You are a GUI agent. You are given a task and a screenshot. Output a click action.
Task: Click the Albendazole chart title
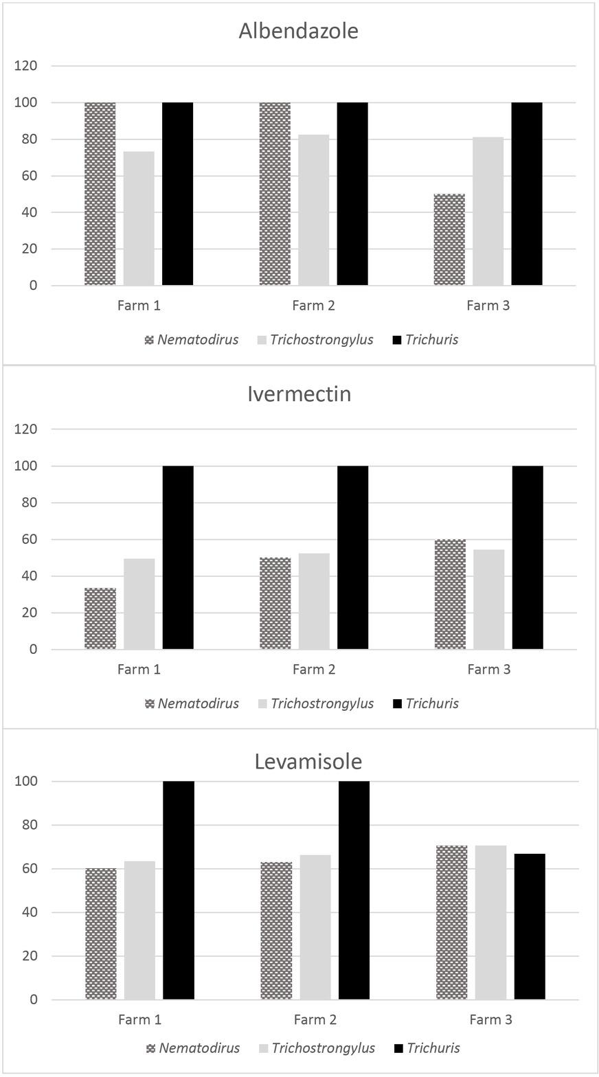[x=299, y=31]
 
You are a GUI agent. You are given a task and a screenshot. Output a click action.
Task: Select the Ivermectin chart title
[x=299, y=394]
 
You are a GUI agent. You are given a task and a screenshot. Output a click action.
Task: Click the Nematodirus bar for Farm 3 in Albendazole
[x=449, y=240]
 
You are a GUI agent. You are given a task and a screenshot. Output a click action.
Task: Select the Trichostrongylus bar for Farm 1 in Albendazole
[x=139, y=218]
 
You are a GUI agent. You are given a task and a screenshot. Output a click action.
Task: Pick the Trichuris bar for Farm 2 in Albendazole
[x=352, y=194]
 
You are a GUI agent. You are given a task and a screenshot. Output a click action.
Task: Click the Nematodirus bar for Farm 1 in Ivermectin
[x=100, y=618]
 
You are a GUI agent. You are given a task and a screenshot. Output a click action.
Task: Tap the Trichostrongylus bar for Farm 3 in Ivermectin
[x=488, y=599]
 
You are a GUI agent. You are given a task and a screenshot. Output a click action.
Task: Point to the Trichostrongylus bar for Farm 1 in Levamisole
[x=139, y=930]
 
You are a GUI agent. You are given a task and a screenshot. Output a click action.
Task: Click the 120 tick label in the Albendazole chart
[x=25, y=66]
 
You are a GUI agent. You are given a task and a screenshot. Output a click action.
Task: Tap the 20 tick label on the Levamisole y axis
[x=30, y=956]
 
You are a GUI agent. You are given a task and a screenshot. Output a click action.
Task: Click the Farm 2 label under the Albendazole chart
[x=313, y=306]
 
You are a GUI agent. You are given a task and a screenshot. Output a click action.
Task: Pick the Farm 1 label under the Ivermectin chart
[x=139, y=670]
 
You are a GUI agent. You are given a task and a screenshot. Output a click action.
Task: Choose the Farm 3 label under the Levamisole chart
[x=490, y=1020]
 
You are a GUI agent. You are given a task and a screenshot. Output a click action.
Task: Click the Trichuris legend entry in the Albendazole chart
[x=431, y=340]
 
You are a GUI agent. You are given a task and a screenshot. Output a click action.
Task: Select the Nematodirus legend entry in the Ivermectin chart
[x=198, y=703]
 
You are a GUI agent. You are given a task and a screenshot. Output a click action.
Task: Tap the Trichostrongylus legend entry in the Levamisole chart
[x=323, y=1048]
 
